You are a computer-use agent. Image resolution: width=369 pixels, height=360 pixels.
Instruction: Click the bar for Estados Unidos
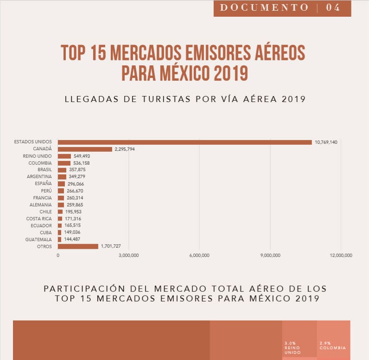[x=184, y=142]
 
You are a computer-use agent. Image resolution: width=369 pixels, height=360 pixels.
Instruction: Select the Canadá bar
[x=85, y=149]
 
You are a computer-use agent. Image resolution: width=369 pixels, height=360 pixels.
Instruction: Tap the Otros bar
[x=78, y=246]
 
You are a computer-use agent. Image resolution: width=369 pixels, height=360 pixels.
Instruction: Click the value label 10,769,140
[x=326, y=142]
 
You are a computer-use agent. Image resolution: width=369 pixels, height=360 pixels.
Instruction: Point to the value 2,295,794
[x=125, y=149]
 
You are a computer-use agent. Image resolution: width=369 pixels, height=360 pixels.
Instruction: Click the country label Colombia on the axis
[x=40, y=163]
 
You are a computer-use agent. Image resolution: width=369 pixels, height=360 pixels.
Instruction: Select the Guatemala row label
[x=39, y=239]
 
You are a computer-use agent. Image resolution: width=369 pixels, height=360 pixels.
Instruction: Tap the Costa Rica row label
[x=39, y=219]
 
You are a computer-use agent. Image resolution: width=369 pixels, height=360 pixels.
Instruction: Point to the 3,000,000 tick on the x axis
[x=128, y=255]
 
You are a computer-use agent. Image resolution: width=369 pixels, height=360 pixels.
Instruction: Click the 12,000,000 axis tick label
[x=341, y=255]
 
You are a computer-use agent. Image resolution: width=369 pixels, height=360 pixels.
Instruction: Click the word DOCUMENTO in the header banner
[x=264, y=7]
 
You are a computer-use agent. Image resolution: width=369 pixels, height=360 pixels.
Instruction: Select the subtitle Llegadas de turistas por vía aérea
[x=184, y=98]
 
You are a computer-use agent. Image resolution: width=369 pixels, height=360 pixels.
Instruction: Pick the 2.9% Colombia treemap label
[x=332, y=346]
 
